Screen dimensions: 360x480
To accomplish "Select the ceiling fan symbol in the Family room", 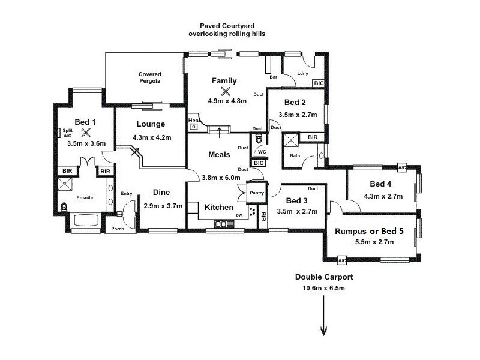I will tap(226, 91).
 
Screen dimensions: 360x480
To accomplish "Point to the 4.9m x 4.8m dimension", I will tap(227, 101).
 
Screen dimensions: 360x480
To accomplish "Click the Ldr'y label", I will tap(303, 74).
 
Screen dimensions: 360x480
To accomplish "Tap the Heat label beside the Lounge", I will tap(193, 121).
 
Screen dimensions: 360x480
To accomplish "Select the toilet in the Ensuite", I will tap(64, 208).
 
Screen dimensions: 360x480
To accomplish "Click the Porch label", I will tap(118, 229).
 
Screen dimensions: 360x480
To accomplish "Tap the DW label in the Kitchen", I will tap(239, 215).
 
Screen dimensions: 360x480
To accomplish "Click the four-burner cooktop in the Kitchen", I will tap(252, 214).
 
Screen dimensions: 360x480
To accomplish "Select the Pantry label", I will tap(257, 193).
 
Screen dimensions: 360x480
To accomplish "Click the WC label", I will tap(262, 151).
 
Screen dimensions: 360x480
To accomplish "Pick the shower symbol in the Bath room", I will tap(292, 142).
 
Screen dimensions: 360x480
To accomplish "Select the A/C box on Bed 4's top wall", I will tap(401, 167).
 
